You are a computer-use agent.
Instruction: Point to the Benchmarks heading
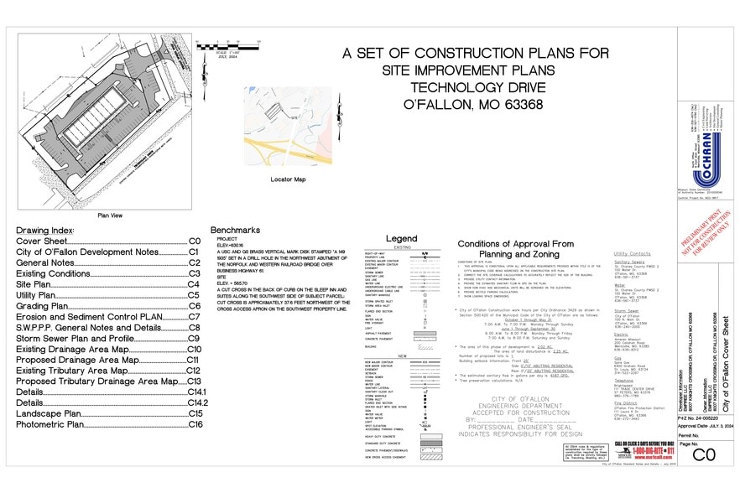236,230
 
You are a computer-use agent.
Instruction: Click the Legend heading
401,239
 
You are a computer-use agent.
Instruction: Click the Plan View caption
111,214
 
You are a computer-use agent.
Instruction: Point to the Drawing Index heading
45,230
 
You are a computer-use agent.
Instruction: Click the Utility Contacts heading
632,252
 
